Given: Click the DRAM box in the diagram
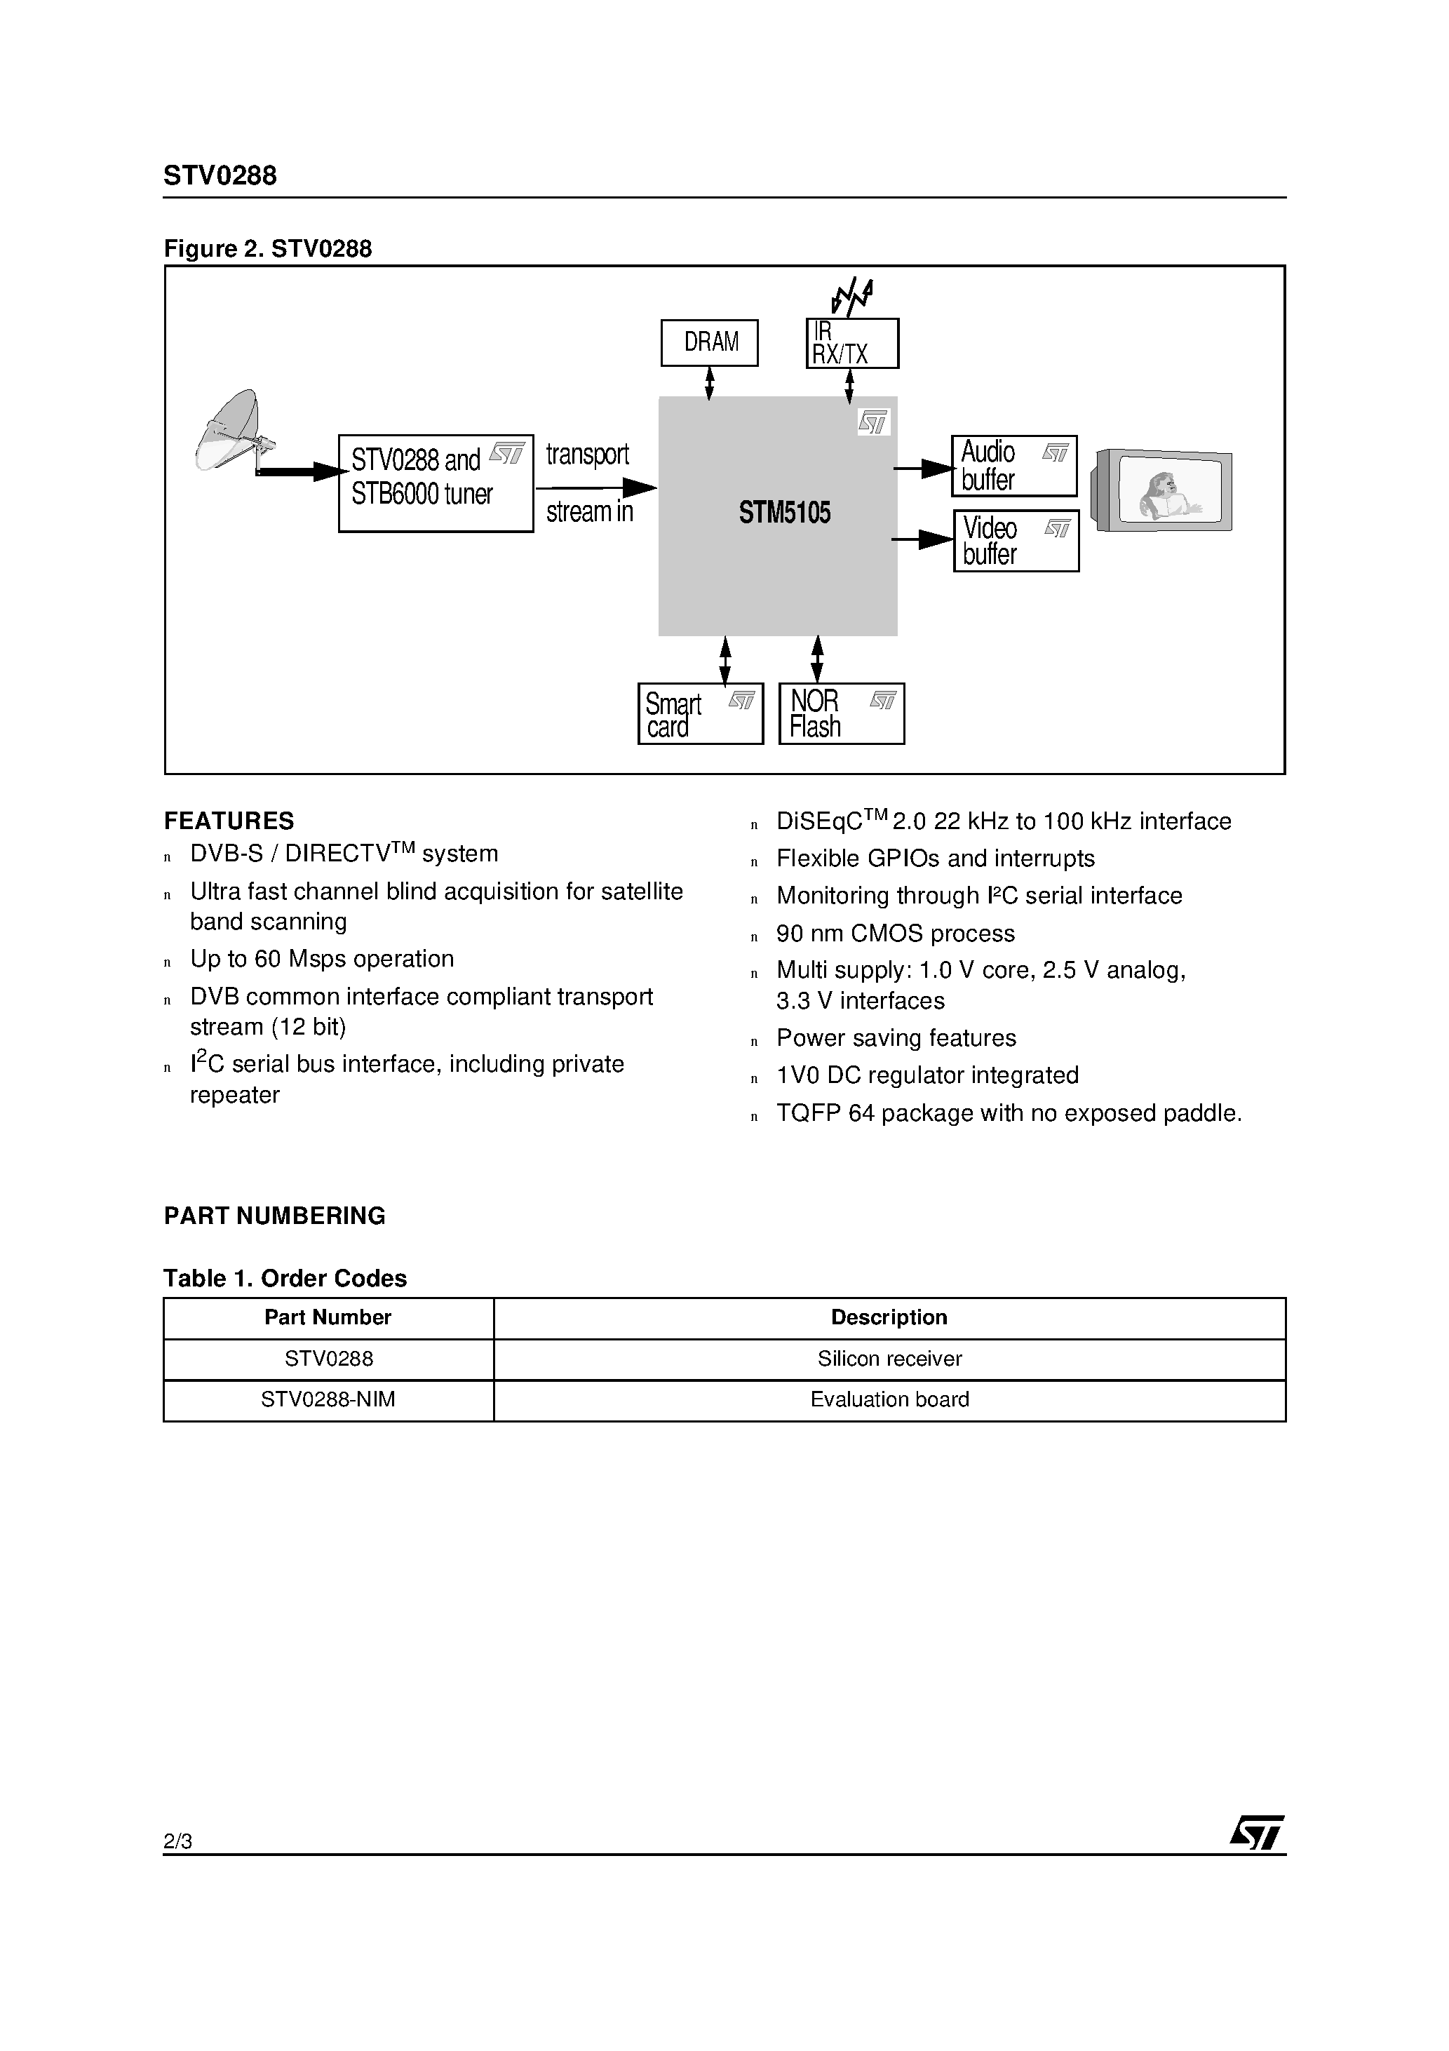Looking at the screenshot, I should coord(709,343).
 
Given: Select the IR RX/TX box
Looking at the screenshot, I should coord(852,343).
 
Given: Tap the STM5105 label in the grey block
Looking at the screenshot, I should coord(784,513).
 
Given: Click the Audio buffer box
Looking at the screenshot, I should coord(1014,466).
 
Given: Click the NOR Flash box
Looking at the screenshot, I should coord(842,714).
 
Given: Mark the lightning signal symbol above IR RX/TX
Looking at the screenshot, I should coord(852,297).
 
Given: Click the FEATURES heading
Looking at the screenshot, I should coord(229,821).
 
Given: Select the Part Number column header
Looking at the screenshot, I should coord(328,1317).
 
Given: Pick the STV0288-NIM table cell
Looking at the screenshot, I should coord(328,1400).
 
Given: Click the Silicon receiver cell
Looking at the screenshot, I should coord(890,1359).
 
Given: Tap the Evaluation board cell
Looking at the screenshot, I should coord(890,1400).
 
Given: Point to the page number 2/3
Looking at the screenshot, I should coord(177,1841).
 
